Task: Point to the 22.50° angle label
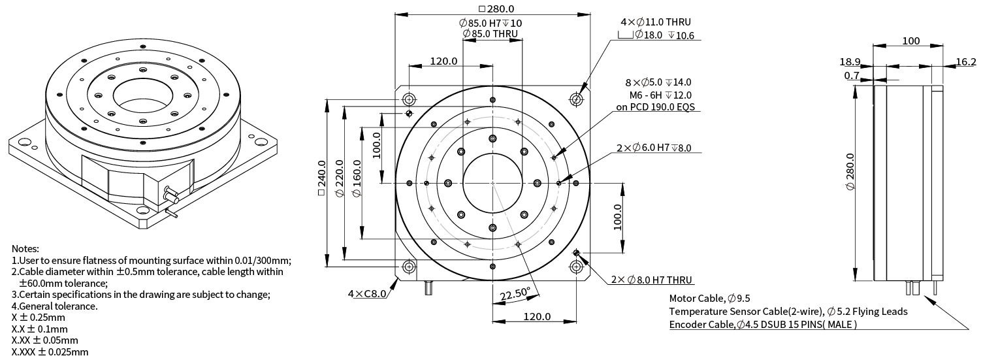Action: (x=515, y=295)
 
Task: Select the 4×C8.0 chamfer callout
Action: (x=366, y=293)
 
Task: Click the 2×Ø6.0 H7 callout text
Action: (x=653, y=148)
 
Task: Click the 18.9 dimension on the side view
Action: (x=850, y=62)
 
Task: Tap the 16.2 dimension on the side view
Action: (x=965, y=62)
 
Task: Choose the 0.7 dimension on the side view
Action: (x=852, y=76)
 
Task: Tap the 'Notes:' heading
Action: (x=25, y=249)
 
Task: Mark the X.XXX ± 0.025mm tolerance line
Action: (x=50, y=352)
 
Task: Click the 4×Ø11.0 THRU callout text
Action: (x=655, y=22)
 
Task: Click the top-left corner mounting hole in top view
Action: (x=410, y=99)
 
